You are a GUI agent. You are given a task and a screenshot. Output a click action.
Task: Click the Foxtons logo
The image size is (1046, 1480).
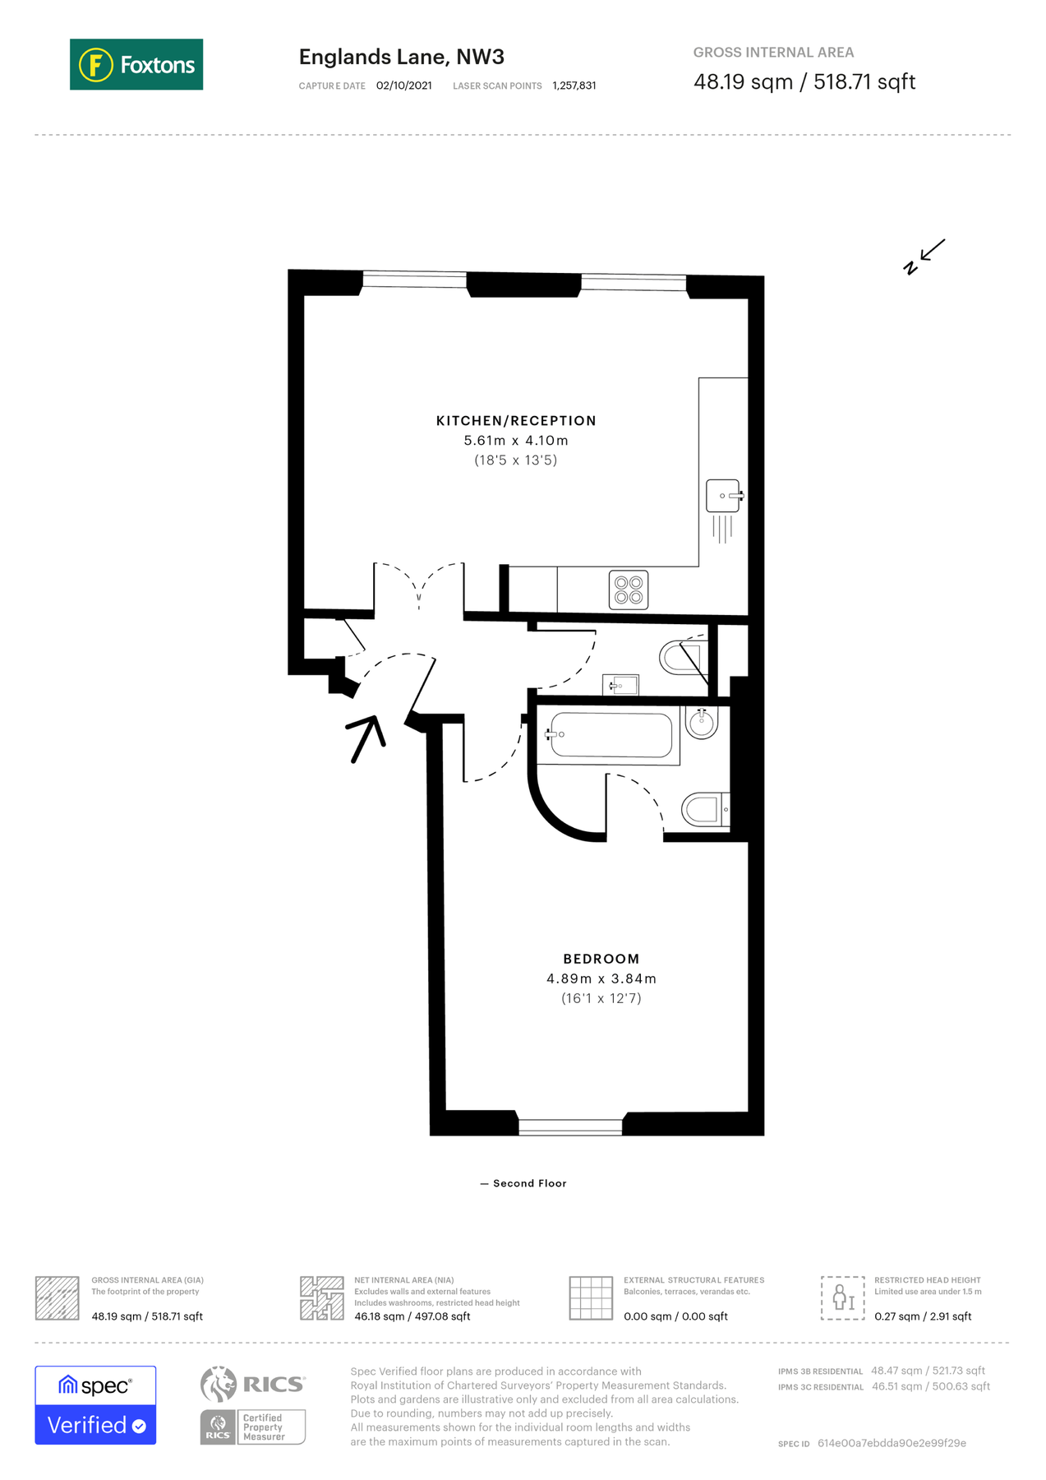(x=136, y=64)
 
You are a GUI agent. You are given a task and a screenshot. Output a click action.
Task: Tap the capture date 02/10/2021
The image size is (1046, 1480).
(x=403, y=86)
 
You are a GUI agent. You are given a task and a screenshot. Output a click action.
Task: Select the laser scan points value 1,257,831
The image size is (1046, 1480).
(x=574, y=86)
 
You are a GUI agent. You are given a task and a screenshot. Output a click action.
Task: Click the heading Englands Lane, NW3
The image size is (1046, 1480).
(x=401, y=57)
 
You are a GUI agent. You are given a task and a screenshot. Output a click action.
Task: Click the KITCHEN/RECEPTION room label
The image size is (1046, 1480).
(x=516, y=421)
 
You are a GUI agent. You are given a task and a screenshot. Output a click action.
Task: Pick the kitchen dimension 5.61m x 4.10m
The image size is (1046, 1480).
(x=516, y=441)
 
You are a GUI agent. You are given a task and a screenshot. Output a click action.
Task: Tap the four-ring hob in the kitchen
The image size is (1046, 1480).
(x=629, y=590)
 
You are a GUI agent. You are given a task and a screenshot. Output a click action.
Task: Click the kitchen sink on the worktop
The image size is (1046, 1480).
(x=723, y=496)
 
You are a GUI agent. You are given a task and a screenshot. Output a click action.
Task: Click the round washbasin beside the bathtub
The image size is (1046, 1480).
(x=702, y=724)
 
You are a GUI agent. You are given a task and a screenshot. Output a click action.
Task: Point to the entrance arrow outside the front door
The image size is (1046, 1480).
(x=367, y=738)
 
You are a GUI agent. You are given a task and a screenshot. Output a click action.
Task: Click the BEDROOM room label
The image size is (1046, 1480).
(x=601, y=959)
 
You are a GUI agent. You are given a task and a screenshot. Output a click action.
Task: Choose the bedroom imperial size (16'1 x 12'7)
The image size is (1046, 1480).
(x=601, y=998)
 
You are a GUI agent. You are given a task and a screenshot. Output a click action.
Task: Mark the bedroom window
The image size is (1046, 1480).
(x=570, y=1126)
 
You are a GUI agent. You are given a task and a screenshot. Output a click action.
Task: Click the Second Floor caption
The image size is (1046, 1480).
(x=529, y=1183)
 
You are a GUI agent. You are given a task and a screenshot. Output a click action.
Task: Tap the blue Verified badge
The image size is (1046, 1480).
(x=95, y=1424)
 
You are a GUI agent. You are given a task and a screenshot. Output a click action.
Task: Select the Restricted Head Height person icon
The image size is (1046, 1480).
(x=842, y=1297)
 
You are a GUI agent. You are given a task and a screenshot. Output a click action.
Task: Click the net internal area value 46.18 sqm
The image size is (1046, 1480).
(x=380, y=1316)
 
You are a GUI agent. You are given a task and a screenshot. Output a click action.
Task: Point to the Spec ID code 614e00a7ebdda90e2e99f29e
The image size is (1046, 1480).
(x=892, y=1443)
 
